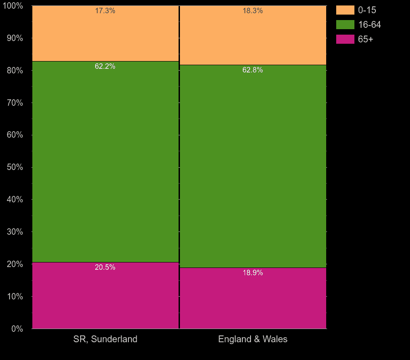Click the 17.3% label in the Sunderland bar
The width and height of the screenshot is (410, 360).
tap(105, 11)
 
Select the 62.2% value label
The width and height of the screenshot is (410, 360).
tap(105, 67)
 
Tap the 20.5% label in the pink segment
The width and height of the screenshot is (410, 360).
tap(105, 267)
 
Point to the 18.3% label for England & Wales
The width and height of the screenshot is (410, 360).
tap(252, 11)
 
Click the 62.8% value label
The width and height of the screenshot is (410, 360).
tap(252, 70)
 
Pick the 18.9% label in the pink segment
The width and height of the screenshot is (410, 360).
tap(252, 273)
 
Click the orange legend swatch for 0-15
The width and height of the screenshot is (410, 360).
tap(345, 10)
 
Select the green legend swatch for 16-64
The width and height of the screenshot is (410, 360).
tap(345, 25)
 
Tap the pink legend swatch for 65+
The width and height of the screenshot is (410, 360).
tap(345, 39)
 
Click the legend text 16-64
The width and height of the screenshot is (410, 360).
tap(369, 25)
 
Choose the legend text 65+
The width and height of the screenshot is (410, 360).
tap(365, 39)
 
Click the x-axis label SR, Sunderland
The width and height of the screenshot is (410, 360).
tap(105, 339)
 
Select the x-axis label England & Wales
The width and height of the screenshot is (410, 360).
tap(253, 339)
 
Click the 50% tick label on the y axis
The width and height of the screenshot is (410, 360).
tap(15, 167)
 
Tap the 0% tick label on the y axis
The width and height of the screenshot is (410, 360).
tap(17, 329)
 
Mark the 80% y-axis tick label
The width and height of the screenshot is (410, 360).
tap(15, 71)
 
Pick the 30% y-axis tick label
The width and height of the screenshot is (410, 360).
tap(15, 232)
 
